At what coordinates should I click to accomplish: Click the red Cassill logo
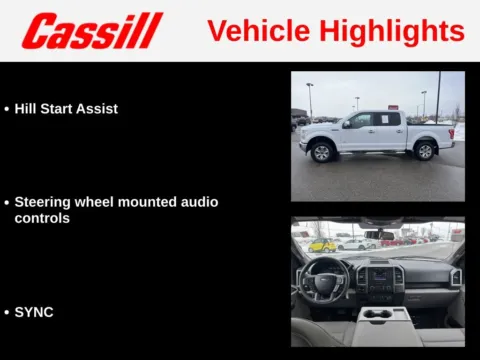pyautogui.click(x=92, y=31)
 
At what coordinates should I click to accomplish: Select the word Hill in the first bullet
pyautogui.click(x=26, y=108)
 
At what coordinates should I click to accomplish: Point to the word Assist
pyautogui.click(x=98, y=108)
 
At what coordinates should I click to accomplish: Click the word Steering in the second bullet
pyautogui.click(x=45, y=202)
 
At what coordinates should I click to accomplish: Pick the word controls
pyautogui.click(x=42, y=217)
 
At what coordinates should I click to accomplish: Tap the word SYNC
pyautogui.click(x=34, y=312)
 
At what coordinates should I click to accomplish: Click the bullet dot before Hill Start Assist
pyautogui.click(x=7, y=109)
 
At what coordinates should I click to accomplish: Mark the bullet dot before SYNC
pyautogui.click(x=7, y=313)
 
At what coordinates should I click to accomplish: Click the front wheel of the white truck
pyautogui.click(x=321, y=152)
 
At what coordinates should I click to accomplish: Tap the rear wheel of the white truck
pyautogui.click(x=425, y=151)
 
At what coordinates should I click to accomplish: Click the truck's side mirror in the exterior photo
pyautogui.click(x=346, y=124)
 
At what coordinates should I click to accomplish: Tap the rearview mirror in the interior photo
pyautogui.click(x=378, y=234)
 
